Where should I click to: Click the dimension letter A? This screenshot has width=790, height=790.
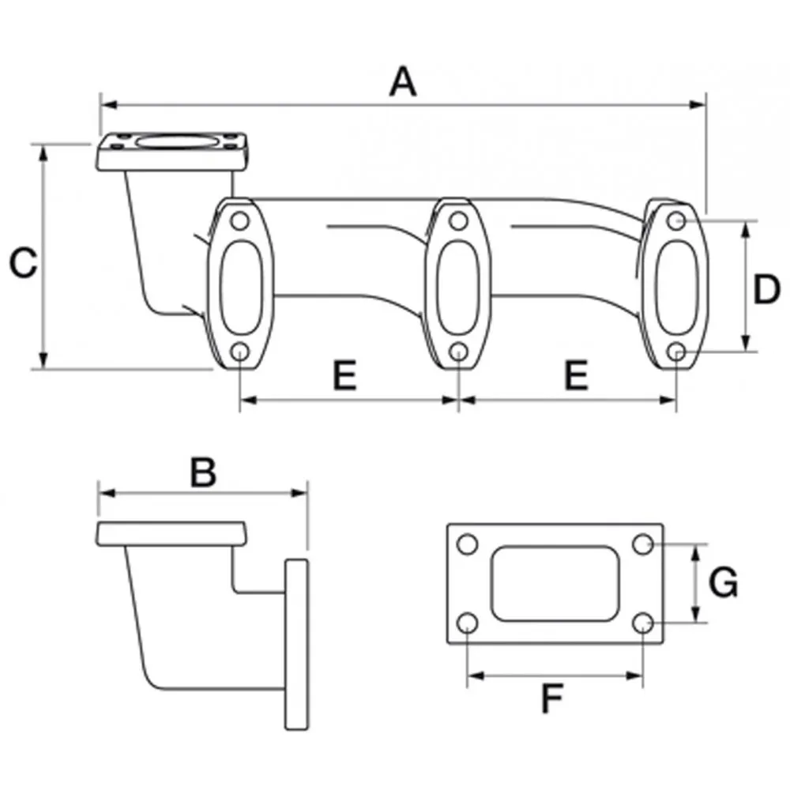coord(403,81)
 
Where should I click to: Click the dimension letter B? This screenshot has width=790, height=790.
coord(204,472)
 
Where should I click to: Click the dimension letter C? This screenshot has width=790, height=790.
coord(23,262)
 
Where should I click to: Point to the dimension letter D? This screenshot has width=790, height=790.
coord(766,289)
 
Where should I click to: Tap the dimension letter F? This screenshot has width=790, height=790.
coord(551,698)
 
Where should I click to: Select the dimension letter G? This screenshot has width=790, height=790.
coord(723,582)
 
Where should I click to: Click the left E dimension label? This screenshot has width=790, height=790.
coord(345,375)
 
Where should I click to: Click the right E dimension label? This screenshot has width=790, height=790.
coord(577,375)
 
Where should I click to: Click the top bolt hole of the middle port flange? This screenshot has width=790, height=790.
coord(458,220)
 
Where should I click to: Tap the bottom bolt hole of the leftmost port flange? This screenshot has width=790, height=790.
coord(240,352)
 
